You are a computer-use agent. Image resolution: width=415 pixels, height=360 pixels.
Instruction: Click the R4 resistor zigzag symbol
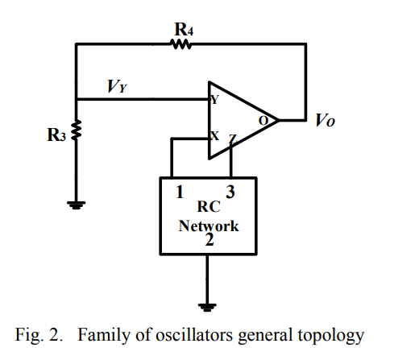181,44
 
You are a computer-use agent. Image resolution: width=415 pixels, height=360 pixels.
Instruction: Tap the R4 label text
184,29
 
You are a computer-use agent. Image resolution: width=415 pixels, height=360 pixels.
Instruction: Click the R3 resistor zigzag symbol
77,130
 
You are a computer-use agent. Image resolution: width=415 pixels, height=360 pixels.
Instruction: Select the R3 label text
56,134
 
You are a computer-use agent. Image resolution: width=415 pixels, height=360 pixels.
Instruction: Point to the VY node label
117,86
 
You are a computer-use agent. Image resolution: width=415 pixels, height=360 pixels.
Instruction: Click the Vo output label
325,120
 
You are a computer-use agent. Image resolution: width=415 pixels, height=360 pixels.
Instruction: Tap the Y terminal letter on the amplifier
215,99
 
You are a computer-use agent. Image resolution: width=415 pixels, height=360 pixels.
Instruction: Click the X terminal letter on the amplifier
214,136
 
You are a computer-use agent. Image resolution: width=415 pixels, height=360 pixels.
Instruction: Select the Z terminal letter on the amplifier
233,139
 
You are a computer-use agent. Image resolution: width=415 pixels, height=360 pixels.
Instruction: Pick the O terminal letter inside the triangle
264,121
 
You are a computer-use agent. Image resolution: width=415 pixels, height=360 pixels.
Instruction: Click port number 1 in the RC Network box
180,192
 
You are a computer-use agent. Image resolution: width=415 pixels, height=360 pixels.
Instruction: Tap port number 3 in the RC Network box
230,192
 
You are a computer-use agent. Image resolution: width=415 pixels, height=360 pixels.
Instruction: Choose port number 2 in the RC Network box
210,239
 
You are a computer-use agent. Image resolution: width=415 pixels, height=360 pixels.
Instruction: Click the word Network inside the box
209,226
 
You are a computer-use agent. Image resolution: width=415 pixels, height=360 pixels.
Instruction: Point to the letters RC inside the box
209,206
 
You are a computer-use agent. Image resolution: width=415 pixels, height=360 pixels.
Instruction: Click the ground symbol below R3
77,205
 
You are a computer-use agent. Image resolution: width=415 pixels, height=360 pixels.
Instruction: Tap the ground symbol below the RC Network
207,307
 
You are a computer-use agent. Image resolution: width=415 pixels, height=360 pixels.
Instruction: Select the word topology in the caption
331,336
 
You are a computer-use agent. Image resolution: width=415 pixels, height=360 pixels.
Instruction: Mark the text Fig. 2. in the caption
39,335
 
